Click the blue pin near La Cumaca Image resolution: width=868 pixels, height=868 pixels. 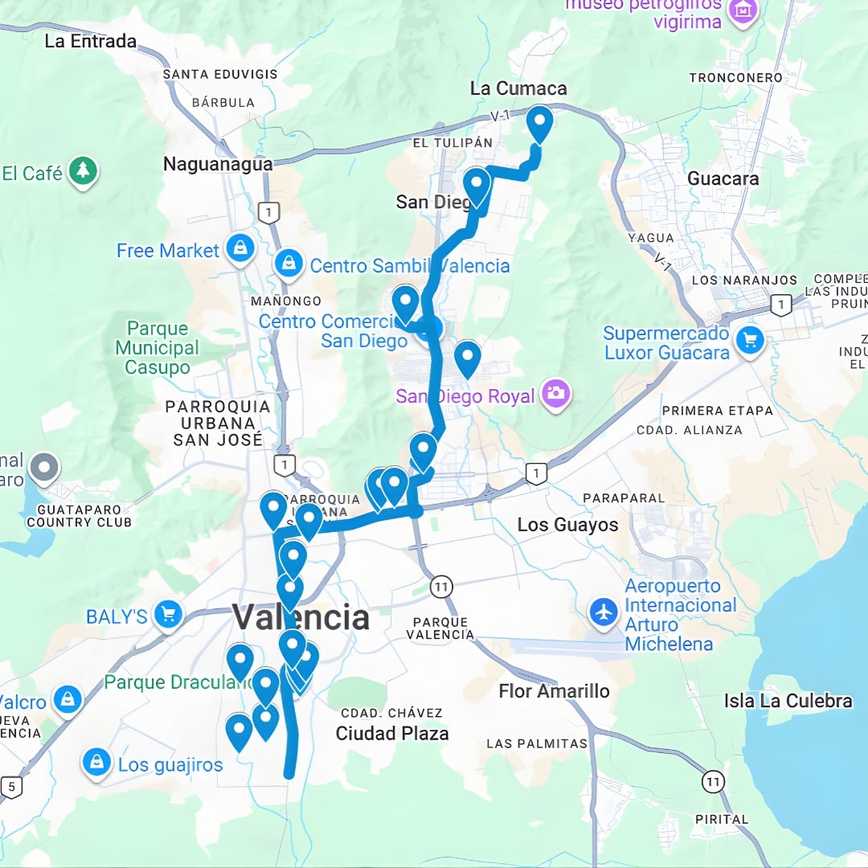[x=539, y=124]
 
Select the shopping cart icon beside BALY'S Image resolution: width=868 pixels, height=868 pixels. [x=168, y=616]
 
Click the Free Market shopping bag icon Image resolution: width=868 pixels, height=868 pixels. [x=240, y=249]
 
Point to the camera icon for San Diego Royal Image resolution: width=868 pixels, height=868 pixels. [x=555, y=394]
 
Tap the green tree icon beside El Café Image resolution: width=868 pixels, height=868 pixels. [x=83, y=171]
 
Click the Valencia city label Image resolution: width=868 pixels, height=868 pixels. [x=301, y=618]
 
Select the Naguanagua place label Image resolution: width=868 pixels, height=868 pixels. [x=218, y=164]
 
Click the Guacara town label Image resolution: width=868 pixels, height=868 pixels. [x=723, y=178]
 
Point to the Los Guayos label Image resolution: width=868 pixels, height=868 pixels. [x=567, y=525]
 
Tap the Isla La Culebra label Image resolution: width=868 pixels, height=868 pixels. [x=788, y=701]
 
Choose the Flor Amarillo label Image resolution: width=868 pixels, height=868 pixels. [x=554, y=691]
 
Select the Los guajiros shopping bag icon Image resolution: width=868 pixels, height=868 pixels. [x=96, y=762]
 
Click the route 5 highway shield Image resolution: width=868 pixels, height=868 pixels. [x=10, y=785]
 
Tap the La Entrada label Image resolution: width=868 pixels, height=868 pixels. [x=90, y=41]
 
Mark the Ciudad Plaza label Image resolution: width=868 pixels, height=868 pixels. [x=392, y=733]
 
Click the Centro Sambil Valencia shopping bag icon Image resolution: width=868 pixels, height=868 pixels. [x=288, y=263]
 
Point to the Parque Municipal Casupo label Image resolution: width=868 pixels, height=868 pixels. [x=158, y=348]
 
